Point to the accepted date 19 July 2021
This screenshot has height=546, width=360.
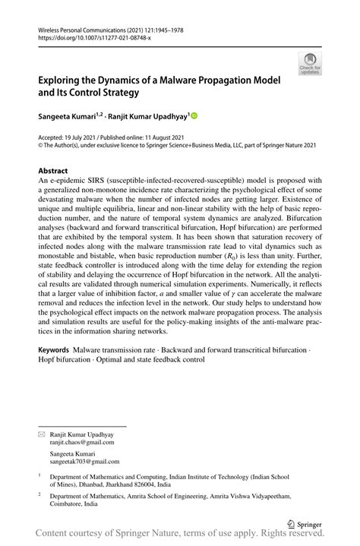click(x=85, y=137)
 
